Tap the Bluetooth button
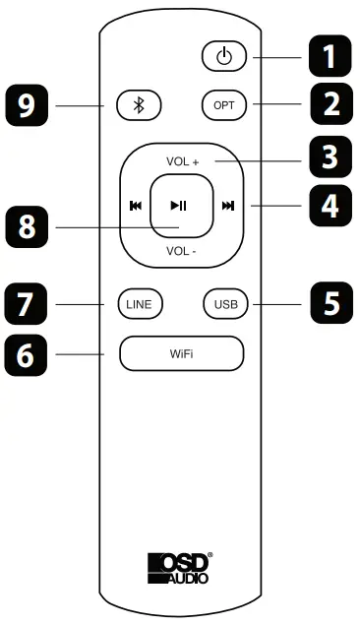(x=137, y=104)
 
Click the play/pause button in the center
(x=179, y=205)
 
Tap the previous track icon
(x=134, y=206)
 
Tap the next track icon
(x=227, y=206)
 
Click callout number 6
(x=30, y=352)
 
